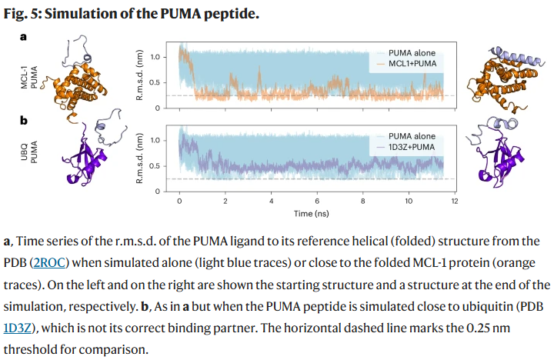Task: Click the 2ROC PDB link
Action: [49, 263]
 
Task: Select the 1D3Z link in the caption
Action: [18, 328]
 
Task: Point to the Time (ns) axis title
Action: [312, 213]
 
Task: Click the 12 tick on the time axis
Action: [455, 201]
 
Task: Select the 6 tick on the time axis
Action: [317, 201]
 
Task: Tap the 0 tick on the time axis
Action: [179, 201]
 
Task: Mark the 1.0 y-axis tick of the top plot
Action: [155, 57]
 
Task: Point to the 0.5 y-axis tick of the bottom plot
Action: [155, 166]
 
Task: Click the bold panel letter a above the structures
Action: [23, 37]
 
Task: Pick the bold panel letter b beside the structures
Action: [24, 121]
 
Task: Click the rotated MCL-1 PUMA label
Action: [29, 77]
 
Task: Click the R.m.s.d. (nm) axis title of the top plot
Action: [139, 75]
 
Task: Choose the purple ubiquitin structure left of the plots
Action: [85, 155]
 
